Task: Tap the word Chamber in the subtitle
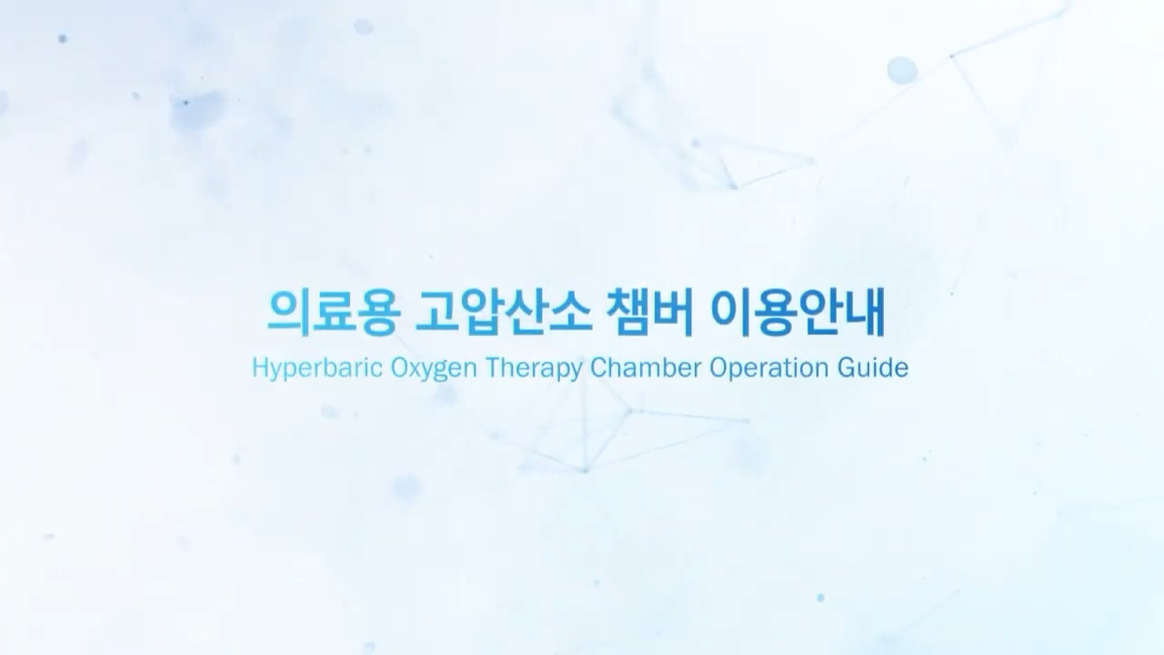tap(646, 368)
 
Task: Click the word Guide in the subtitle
tap(873, 368)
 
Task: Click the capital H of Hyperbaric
tap(261, 368)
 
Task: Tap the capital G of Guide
tap(847, 368)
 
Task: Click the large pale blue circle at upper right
tap(902, 70)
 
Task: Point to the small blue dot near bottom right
tap(820, 598)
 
